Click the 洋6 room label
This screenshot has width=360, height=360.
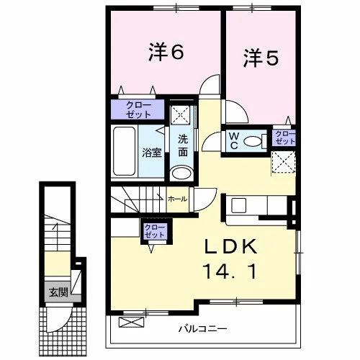point(166,52)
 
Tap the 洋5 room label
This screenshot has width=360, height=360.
point(261,58)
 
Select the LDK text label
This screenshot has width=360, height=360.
point(230,247)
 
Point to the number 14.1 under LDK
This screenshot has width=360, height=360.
point(230,271)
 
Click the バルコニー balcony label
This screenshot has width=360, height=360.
point(202,328)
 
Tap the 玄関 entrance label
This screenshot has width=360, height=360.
point(59,292)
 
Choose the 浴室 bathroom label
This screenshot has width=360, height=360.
point(152,152)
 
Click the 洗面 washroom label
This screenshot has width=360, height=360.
point(183,145)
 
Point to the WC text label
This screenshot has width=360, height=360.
point(234,141)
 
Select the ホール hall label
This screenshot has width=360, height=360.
point(178,199)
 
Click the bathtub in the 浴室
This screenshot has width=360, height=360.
point(124,151)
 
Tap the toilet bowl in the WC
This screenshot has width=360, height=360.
point(253,141)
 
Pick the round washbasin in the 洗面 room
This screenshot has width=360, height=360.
point(182,173)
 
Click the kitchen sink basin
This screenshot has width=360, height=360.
point(238,205)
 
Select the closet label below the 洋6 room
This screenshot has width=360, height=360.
point(138,109)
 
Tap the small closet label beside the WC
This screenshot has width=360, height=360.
point(285,138)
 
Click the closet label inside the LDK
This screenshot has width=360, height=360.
point(154,231)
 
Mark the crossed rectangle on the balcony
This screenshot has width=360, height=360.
point(132,323)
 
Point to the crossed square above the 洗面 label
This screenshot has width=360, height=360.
point(180,114)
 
